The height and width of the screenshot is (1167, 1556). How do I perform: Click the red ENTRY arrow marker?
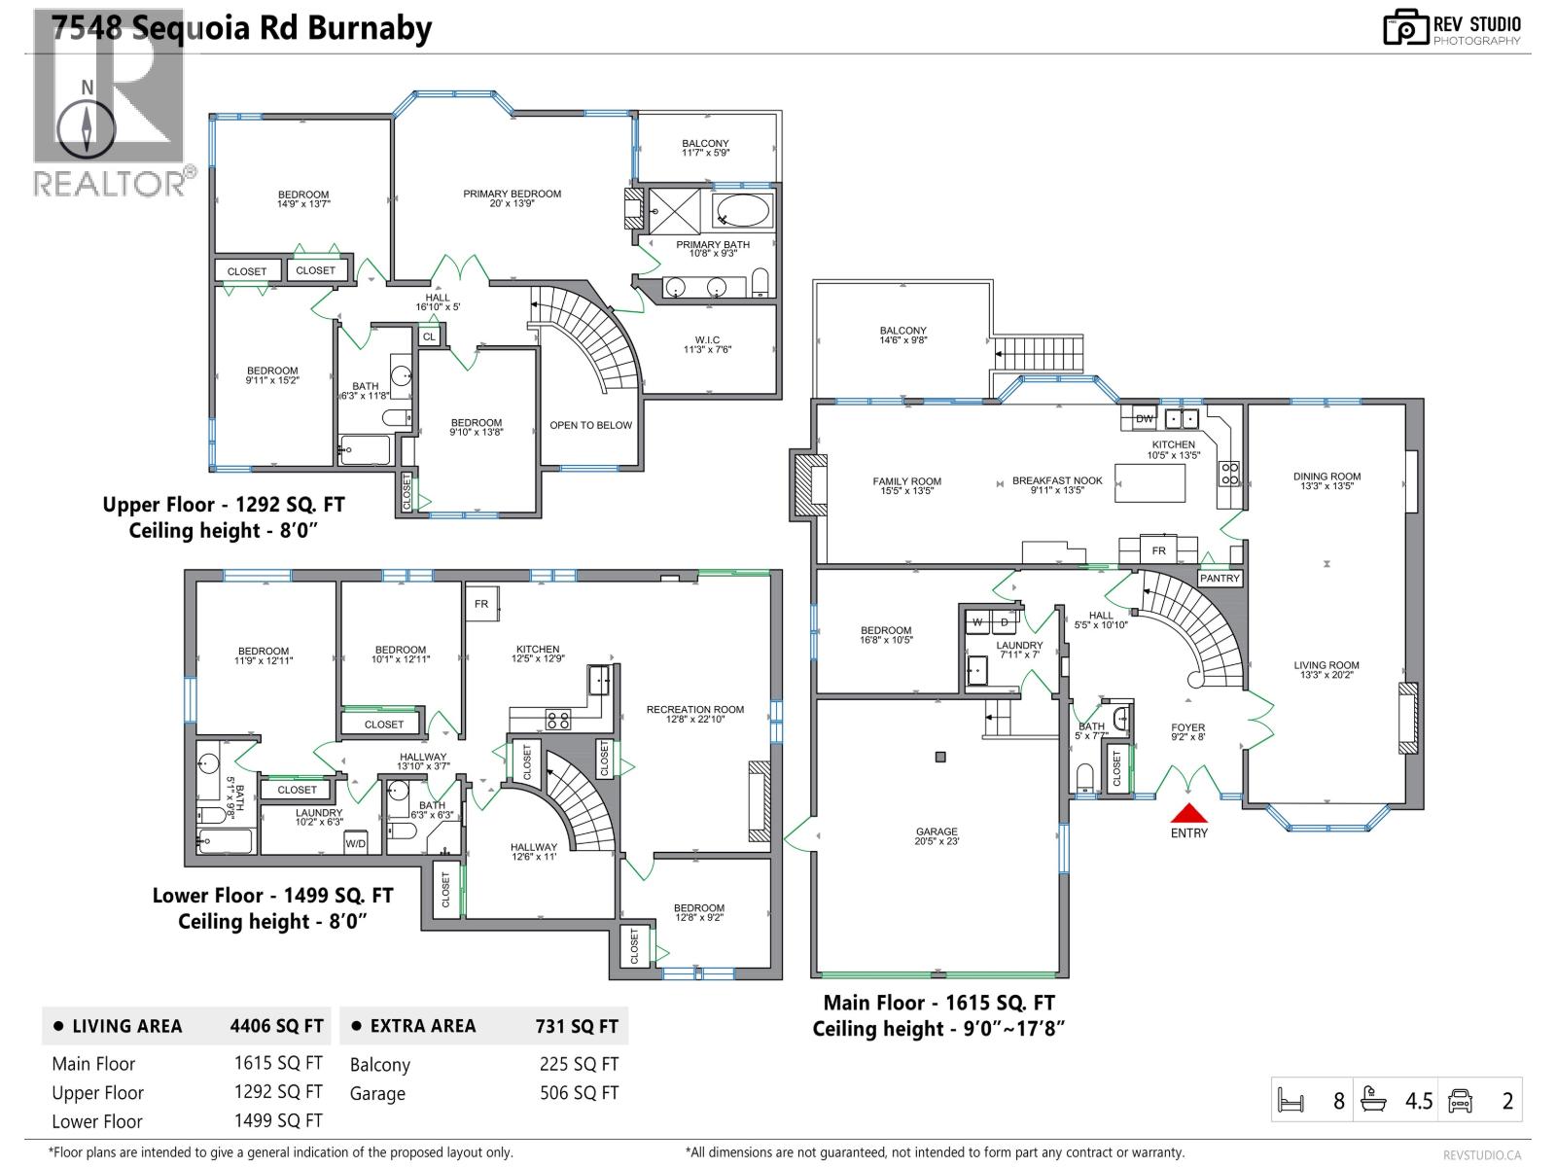[1188, 814]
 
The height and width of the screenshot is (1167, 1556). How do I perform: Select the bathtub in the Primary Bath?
[744, 210]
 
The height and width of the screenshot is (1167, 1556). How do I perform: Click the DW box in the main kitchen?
[1144, 418]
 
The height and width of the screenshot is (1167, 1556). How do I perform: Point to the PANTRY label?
[1220, 578]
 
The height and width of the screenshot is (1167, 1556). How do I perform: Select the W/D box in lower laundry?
[356, 843]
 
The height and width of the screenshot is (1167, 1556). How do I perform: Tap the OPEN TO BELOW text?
[590, 425]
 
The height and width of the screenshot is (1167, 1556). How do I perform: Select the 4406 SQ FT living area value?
[276, 1026]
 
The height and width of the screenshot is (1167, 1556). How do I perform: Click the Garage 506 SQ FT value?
[579, 1093]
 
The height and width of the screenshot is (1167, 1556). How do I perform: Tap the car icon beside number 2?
[1460, 1100]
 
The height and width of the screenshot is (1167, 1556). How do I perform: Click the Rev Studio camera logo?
[1405, 27]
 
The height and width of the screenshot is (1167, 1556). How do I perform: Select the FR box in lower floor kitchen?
[481, 604]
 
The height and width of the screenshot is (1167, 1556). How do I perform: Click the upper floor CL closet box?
[429, 336]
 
